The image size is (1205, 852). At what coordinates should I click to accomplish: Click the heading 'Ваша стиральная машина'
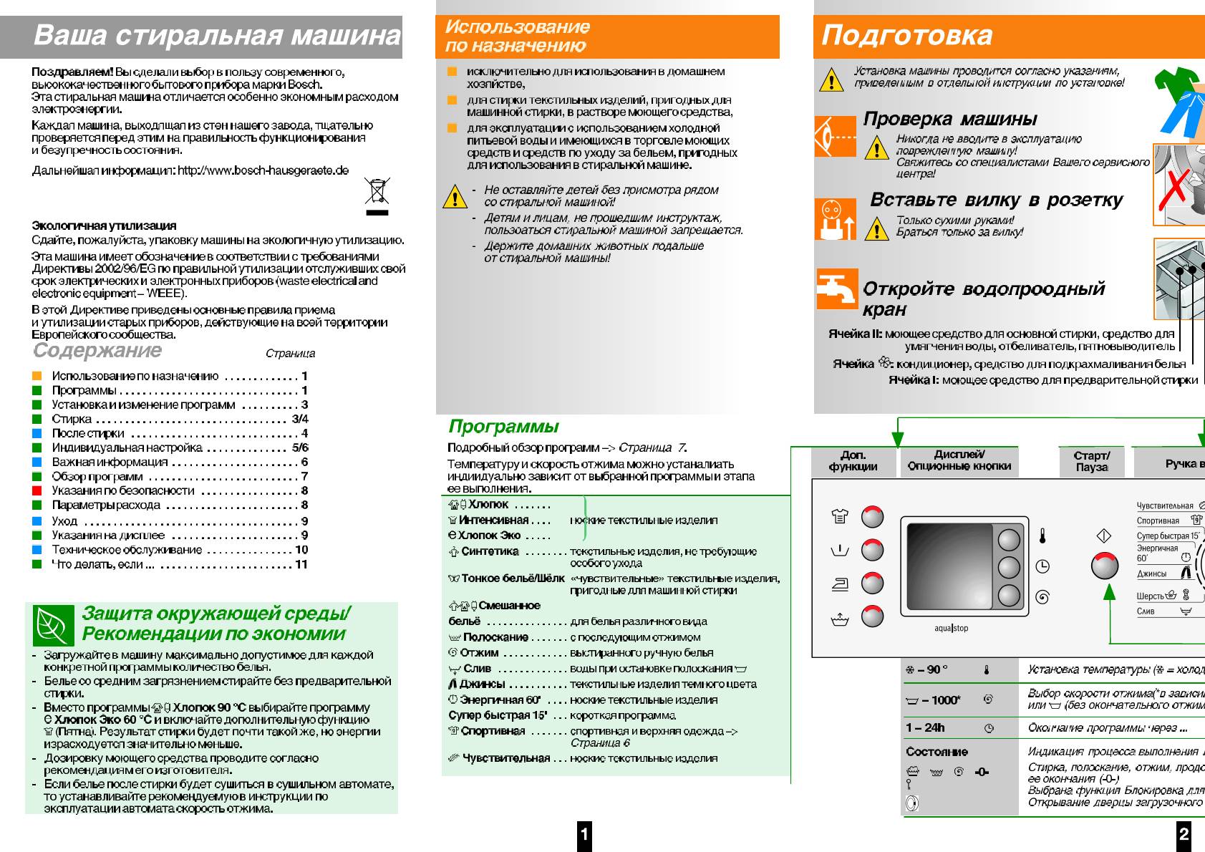point(216,36)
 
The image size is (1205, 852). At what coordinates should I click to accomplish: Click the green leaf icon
point(54,625)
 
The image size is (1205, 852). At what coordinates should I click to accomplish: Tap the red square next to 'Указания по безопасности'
point(37,491)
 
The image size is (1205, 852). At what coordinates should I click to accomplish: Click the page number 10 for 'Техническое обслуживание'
point(301,550)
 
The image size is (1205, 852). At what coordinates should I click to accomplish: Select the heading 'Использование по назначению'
point(517,37)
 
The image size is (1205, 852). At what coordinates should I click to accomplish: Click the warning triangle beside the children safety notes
point(455,196)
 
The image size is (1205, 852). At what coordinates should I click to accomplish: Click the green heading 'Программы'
point(503,427)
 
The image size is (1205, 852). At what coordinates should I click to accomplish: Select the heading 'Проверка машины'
point(949,119)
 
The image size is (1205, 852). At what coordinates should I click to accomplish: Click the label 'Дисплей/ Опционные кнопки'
point(959,460)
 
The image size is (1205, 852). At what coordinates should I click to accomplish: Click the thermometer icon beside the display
point(1043,537)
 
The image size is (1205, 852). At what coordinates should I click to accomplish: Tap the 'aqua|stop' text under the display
point(951,629)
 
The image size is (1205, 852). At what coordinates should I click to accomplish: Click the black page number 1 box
point(584,834)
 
